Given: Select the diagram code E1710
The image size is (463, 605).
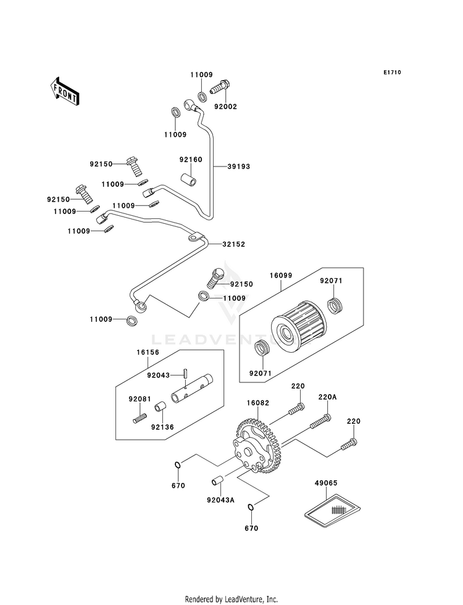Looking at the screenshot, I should (x=391, y=73).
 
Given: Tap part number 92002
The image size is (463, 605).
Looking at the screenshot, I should (x=225, y=106).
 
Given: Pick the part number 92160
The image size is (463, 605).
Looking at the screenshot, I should (x=191, y=159).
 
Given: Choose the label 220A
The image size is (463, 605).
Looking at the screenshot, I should (x=327, y=397).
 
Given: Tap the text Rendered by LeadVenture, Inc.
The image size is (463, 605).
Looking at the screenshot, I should (x=231, y=599).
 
